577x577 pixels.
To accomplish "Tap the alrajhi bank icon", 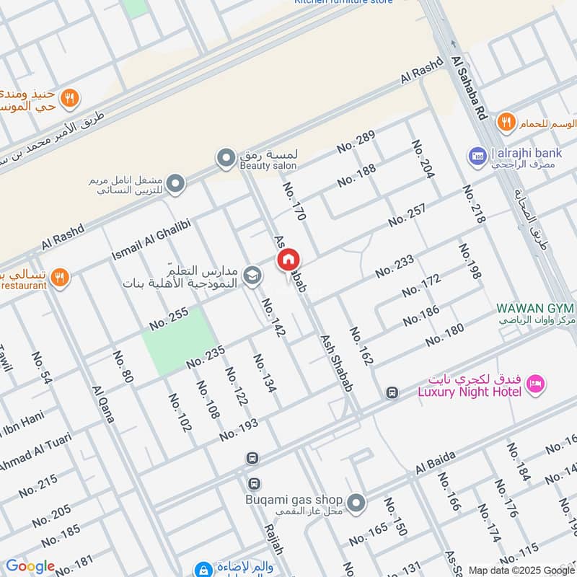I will pyautogui.click(x=476, y=155).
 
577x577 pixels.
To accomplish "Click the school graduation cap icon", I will pyautogui.click(x=252, y=275).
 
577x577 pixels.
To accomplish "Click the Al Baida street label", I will pyautogui.click(x=435, y=463).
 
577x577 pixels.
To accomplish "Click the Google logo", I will pyautogui.click(x=30, y=566).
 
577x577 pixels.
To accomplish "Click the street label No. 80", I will pyautogui.click(x=123, y=366).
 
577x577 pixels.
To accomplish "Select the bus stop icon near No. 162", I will pyautogui.click(x=392, y=393).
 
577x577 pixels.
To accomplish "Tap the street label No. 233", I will pyautogui.click(x=395, y=266).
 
